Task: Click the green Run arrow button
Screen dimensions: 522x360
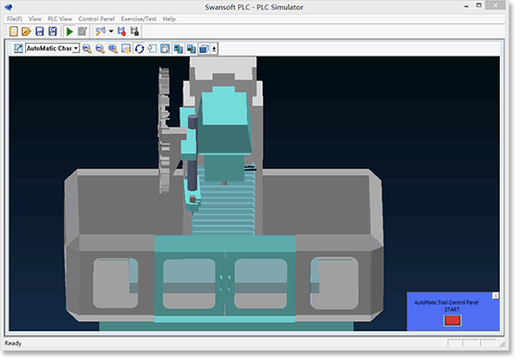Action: (69, 31)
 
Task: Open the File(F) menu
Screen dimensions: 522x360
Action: (15, 19)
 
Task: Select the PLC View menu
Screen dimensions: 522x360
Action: (60, 19)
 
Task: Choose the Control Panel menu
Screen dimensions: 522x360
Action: (96, 19)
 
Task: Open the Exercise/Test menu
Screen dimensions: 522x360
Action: (139, 19)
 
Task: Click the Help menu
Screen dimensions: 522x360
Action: (169, 19)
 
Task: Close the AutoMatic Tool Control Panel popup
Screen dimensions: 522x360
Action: (495, 296)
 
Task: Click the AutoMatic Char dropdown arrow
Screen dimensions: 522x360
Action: (76, 49)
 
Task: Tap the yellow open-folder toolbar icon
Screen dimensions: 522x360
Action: (26, 31)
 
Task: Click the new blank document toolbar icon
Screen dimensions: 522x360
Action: (14, 31)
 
